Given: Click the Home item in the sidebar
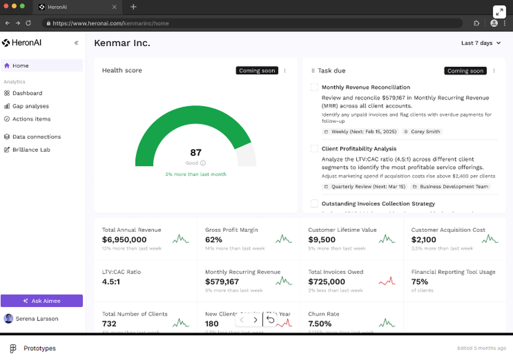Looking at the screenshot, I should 21,66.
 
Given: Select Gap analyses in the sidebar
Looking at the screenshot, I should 30,106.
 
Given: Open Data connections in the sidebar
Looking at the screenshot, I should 36,137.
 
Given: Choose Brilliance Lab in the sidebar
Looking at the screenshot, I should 31,150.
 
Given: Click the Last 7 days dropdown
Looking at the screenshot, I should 481,43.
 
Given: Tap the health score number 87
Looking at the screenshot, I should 195,152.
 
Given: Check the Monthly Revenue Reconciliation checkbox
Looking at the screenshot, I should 314,87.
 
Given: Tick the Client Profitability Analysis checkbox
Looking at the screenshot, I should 314,149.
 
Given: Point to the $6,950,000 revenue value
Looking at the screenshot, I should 124,239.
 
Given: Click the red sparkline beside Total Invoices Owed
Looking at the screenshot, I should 387,281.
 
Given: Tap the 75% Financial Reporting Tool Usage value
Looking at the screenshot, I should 420,282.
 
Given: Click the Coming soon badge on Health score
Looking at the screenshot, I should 257,71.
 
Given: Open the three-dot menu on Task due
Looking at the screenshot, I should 494,71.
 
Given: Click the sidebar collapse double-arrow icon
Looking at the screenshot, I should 76,43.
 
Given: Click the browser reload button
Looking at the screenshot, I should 28,23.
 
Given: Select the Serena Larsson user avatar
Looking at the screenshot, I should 8,318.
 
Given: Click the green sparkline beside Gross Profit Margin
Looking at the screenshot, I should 284,239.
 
